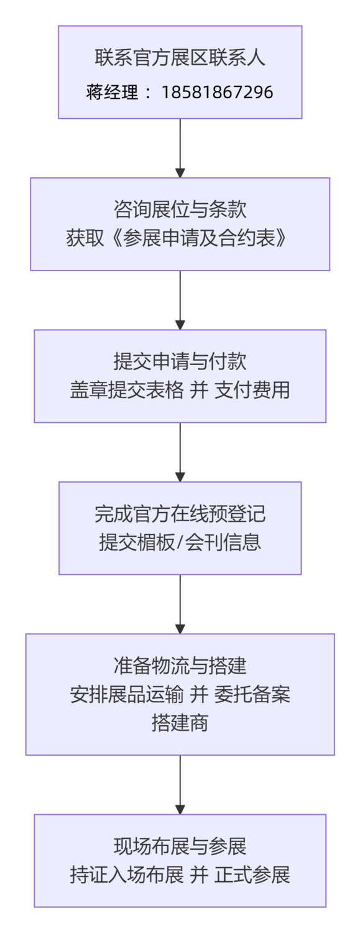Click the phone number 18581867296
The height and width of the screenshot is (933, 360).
(x=217, y=93)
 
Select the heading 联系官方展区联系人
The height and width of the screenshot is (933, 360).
(x=180, y=58)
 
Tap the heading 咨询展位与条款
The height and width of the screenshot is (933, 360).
(x=180, y=210)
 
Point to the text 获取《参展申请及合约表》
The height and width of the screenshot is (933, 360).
(x=180, y=239)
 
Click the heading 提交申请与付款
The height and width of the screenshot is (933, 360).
(x=180, y=361)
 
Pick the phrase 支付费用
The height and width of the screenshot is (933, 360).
(x=252, y=391)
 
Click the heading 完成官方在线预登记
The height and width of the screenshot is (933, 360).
(x=180, y=514)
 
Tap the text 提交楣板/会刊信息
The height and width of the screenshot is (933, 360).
(x=180, y=542)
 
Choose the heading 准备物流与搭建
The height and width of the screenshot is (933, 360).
(x=180, y=666)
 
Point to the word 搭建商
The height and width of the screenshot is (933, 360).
(x=180, y=723)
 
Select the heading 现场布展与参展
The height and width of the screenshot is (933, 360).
(x=180, y=847)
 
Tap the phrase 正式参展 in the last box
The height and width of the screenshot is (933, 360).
(x=252, y=875)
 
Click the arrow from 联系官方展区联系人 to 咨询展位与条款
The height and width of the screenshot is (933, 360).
(x=180, y=148)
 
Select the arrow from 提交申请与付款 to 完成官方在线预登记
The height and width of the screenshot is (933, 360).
(x=180, y=452)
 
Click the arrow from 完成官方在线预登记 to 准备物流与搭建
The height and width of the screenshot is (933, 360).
(x=180, y=604)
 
